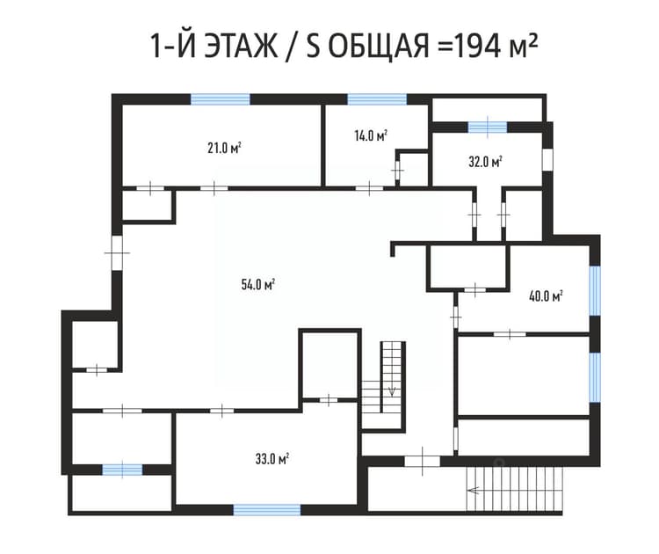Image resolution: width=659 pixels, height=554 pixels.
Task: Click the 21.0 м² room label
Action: (x=224, y=148)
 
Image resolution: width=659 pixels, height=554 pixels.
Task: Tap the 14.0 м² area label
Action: (x=370, y=136)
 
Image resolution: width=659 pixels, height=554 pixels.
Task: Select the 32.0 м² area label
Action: (x=485, y=162)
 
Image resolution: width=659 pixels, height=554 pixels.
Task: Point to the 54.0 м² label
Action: (x=258, y=285)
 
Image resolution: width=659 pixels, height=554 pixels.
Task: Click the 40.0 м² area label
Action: (x=546, y=296)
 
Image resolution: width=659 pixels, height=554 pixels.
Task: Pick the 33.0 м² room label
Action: (x=272, y=458)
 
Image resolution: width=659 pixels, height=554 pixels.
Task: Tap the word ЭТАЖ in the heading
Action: (x=241, y=46)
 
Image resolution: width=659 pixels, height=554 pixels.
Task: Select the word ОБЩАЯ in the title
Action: (x=378, y=46)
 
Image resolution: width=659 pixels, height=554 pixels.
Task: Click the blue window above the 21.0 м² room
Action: (x=221, y=99)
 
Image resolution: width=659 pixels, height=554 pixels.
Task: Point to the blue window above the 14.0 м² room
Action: (x=377, y=99)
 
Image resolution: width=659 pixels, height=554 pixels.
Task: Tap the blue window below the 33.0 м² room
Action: (x=267, y=510)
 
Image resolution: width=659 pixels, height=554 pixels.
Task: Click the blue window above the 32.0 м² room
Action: (x=488, y=127)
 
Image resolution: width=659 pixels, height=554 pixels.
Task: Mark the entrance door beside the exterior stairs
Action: (x=423, y=461)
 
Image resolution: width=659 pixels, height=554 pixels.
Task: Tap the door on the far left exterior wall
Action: (x=117, y=252)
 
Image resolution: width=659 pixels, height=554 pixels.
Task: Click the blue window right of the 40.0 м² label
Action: (x=595, y=291)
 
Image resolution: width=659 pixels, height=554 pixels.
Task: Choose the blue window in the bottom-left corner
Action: (x=122, y=470)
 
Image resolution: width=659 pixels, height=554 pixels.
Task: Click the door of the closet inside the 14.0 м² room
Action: (x=397, y=170)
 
